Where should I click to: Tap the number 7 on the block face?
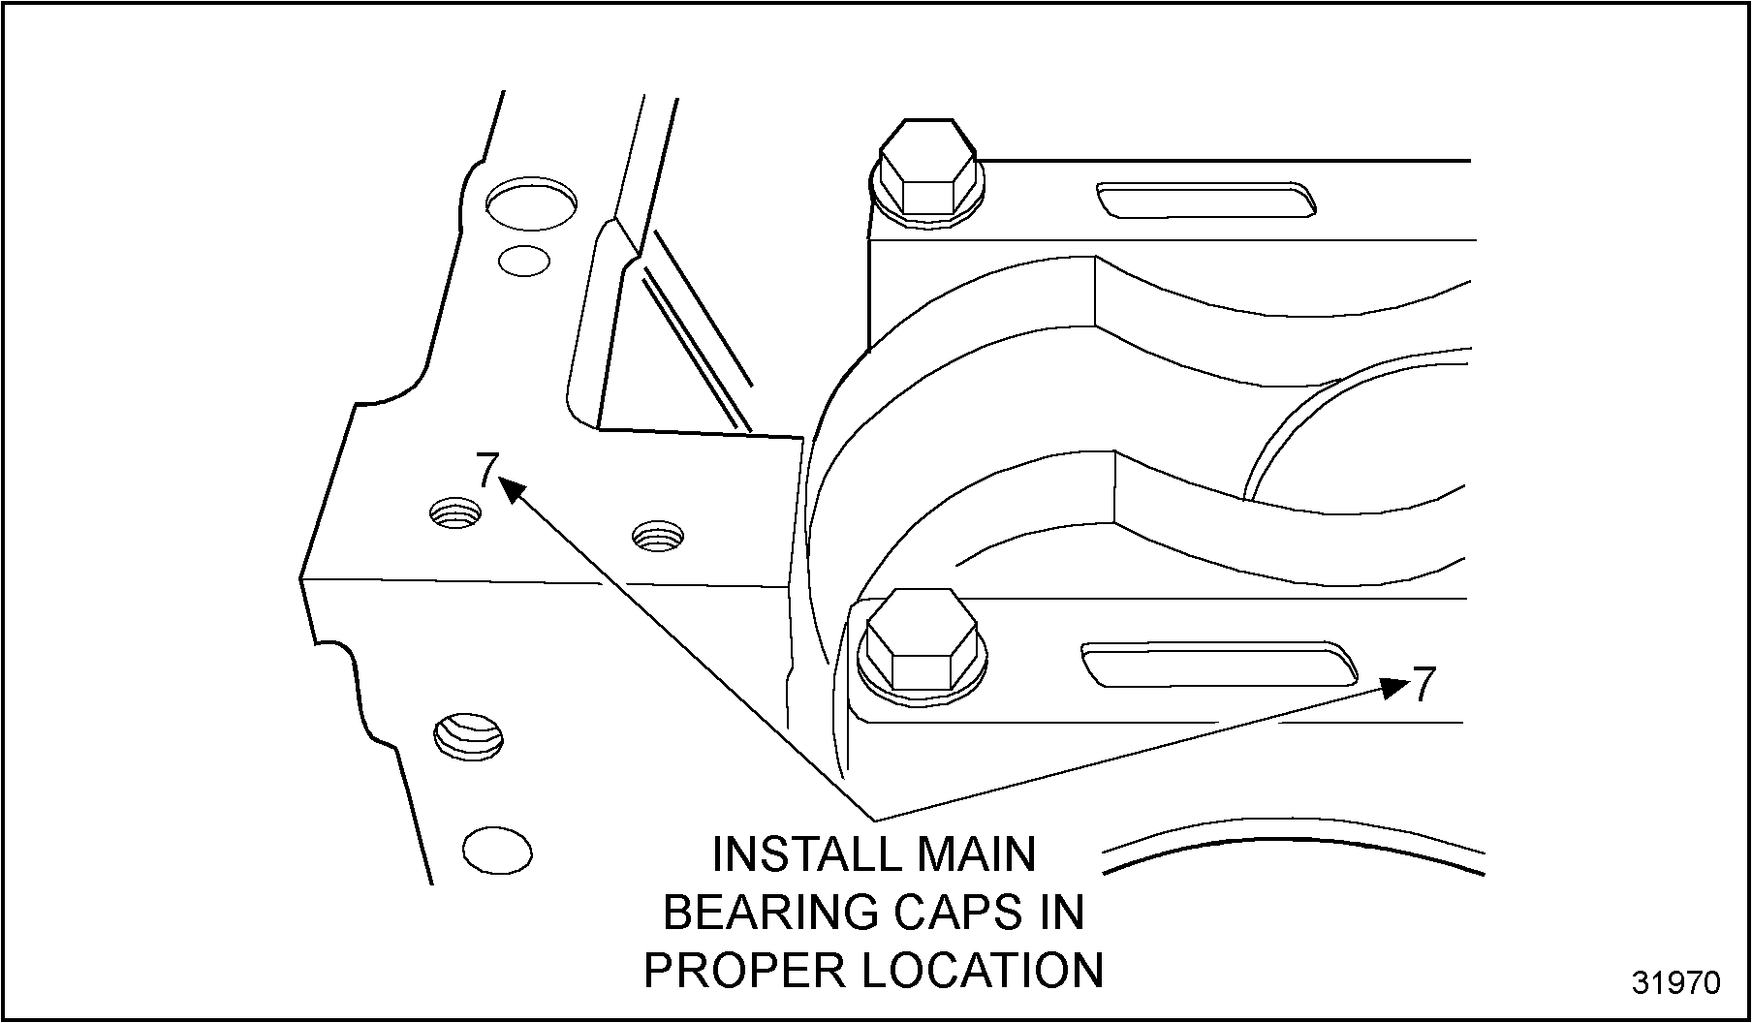tap(487, 470)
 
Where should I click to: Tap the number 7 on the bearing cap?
tap(1422, 685)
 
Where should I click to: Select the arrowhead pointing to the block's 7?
tap(512, 488)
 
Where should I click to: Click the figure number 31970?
tap(1675, 982)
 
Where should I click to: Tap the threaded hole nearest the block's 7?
tap(455, 512)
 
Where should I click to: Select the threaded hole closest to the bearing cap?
tap(657, 534)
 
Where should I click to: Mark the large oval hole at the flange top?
tap(531, 203)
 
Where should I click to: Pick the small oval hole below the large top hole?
tap(523, 260)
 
